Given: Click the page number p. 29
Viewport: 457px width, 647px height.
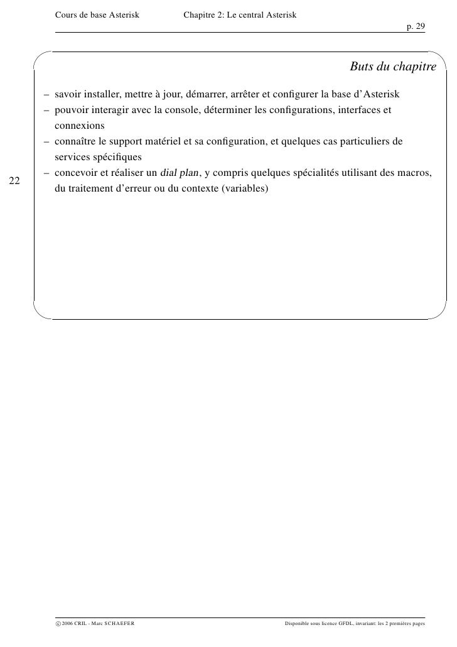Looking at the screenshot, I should coord(416,26).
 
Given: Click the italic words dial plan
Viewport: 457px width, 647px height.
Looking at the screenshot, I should coord(179,173).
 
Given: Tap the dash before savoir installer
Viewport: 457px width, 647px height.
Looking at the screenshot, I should coord(47,95).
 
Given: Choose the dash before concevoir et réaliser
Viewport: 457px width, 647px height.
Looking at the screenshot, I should coord(47,173).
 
